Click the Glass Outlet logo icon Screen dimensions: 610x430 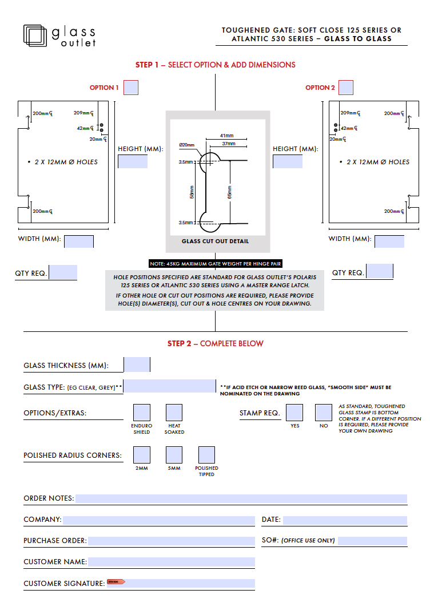(x=35, y=35)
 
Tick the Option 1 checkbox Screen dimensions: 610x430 (x=131, y=88)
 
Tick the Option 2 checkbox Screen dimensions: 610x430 (x=346, y=88)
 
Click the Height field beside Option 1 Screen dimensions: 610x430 (x=133, y=161)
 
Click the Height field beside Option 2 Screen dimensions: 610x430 (x=288, y=161)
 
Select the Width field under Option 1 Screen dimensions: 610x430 (x=79, y=241)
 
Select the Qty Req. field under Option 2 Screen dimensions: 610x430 (x=380, y=272)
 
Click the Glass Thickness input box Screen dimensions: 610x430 (x=137, y=365)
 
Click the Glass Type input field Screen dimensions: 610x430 (x=170, y=386)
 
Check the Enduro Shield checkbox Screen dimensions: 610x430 (x=142, y=413)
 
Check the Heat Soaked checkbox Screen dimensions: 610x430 (x=174, y=413)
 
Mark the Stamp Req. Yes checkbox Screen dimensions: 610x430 (x=294, y=413)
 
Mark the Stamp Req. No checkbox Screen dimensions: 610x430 (x=324, y=413)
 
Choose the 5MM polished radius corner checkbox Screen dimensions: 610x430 (x=174, y=455)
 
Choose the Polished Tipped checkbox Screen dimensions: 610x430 (x=206, y=455)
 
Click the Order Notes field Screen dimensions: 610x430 (x=241, y=498)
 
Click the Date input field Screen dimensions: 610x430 (x=345, y=520)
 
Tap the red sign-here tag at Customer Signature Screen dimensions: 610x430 (x=116, y=582)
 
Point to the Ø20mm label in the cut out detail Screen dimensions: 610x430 (x=187, y=145)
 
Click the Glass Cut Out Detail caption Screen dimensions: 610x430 (x=215, y=241)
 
